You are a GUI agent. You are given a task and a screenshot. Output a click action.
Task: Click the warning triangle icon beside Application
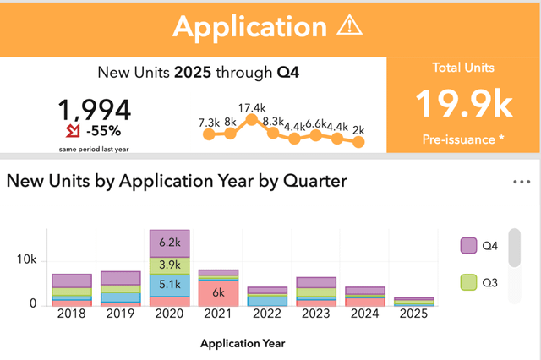(348, 26)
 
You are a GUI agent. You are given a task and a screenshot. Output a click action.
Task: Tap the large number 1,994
(95, 111)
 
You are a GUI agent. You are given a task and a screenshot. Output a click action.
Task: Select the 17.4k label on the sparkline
(252, 107)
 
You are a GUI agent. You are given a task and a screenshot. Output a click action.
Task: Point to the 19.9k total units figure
(463, 104)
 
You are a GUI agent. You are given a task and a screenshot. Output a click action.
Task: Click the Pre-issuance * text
(463, 138)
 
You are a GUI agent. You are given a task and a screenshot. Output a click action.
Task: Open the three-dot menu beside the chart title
(522, 182)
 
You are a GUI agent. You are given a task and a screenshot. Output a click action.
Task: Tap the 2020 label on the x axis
(169, 314)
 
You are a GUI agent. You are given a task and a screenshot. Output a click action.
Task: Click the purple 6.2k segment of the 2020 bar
(169, 243)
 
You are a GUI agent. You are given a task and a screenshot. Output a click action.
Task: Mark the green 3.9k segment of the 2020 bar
(169, 265)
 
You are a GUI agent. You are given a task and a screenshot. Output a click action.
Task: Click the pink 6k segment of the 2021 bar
(217, 292)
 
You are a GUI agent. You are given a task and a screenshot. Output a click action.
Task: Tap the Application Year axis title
(243, 343)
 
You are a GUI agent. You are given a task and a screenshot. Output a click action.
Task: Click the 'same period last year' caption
(95, 149)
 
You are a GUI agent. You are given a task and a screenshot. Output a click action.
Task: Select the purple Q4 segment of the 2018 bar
(72, 281)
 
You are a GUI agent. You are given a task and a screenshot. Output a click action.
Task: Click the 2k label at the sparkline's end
(358, 128)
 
